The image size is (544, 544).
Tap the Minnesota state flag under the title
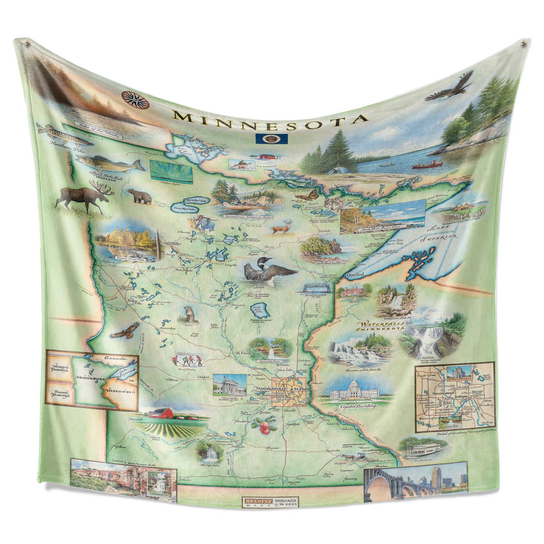click(x=272, y=138)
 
